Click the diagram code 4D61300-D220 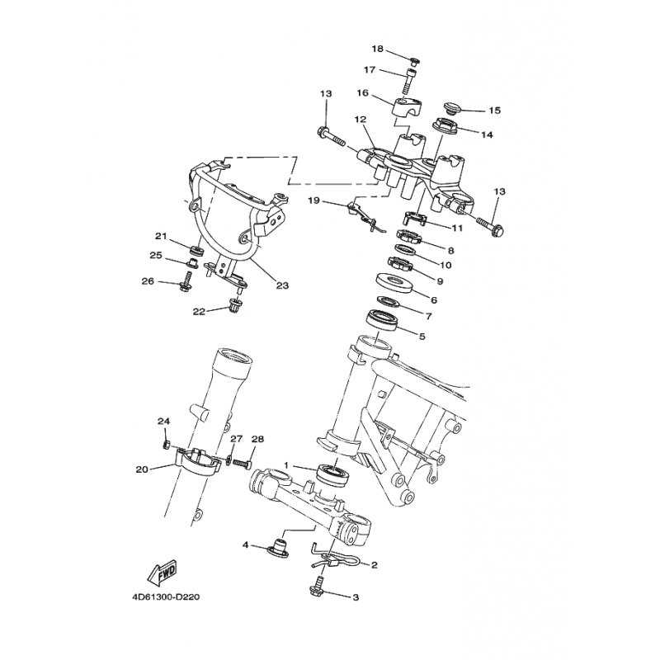pos(166,597)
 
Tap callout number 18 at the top pos(378,49)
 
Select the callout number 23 pos(282,285)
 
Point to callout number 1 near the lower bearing pos(286,465)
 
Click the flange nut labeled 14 pos(445,126)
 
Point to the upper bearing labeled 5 pos(382,320)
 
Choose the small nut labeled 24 pos(167,444)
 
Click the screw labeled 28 pos(243,464)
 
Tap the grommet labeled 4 pos(279,548)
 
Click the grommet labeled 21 pos(197,251)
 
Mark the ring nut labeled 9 pos(398,265)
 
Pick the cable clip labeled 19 pos(364,216)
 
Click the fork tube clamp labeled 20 pos(197,462)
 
